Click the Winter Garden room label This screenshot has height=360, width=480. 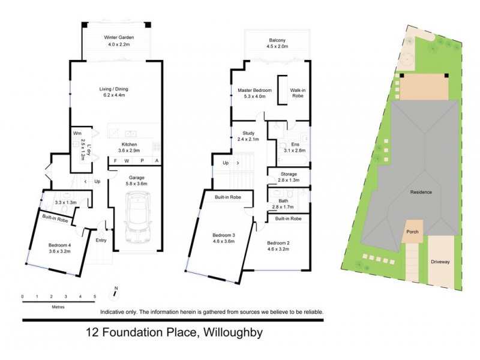[x=118, y=41]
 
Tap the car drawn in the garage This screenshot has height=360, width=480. [x=139, y=219]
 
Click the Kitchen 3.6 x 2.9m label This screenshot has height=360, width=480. [x=130, y=148]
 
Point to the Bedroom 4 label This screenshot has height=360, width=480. [x=60, y=248]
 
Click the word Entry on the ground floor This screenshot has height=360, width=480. [x=101, y=241]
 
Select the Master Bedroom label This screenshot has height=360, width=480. [x=250, y=94]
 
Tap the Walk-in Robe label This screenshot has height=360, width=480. [x=298, y=94]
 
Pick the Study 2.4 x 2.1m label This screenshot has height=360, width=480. [x=249, y=136]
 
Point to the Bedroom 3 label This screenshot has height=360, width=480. [x=223, y=238]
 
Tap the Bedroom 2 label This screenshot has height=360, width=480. [x=278, y=245]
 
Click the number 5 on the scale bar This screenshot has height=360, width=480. [x=95, y=296]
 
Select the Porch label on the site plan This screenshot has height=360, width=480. [x=412, y=231]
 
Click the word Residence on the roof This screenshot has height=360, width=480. [x=422, y=192]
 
